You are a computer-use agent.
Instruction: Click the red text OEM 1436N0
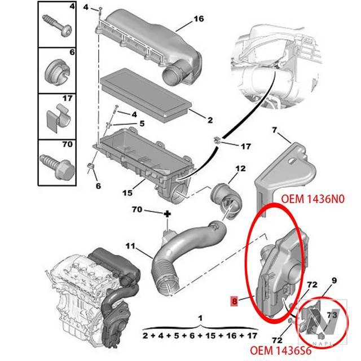pyautogui.click(x=313, y=199)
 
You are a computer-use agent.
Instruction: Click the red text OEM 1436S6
pyautogui.click(x=281, y=351)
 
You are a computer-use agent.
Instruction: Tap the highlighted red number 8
pyautogui.click(x=235, y=301)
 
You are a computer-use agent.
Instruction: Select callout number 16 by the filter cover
pyautogui.click(x=199, y=19)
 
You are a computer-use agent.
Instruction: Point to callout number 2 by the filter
pyautogui.click(x=210, y=120)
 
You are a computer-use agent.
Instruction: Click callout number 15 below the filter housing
pyautogui.click(x=127, y=193)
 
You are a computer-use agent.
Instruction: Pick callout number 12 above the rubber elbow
pyautogui.click(x=241, y=169)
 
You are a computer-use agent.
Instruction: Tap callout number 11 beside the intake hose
pyautogui.click(x=130, y=246)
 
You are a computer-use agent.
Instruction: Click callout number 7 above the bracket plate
pyautogui.click(x=274, y=130)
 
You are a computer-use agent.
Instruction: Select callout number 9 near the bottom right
pyautogui.click(x=334, y=280)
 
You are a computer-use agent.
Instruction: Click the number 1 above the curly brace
pyautogui.click(x=200, y=318)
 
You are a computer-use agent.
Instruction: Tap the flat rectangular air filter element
pyautogui.click(x=146, y=95)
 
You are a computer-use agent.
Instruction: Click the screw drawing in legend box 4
pyautogui.click(x=57, y=25)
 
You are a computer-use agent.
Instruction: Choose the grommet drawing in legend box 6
pyautogui.click(x=57, y=72)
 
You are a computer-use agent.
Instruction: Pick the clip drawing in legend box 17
pyautogui.click(x=58, y=118)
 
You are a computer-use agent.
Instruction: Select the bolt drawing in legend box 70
pyautogui.click(x=57, y=166)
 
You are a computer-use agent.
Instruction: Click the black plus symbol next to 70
pyautogui.click(x=167, y=214)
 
